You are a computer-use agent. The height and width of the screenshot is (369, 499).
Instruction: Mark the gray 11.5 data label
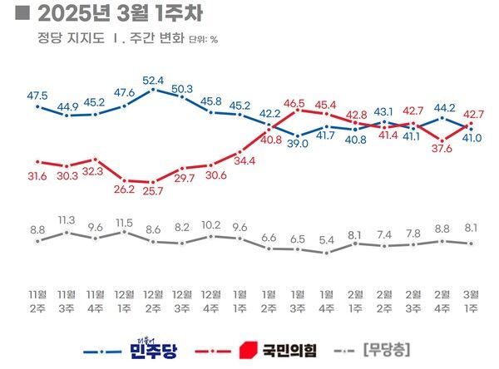125,222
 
